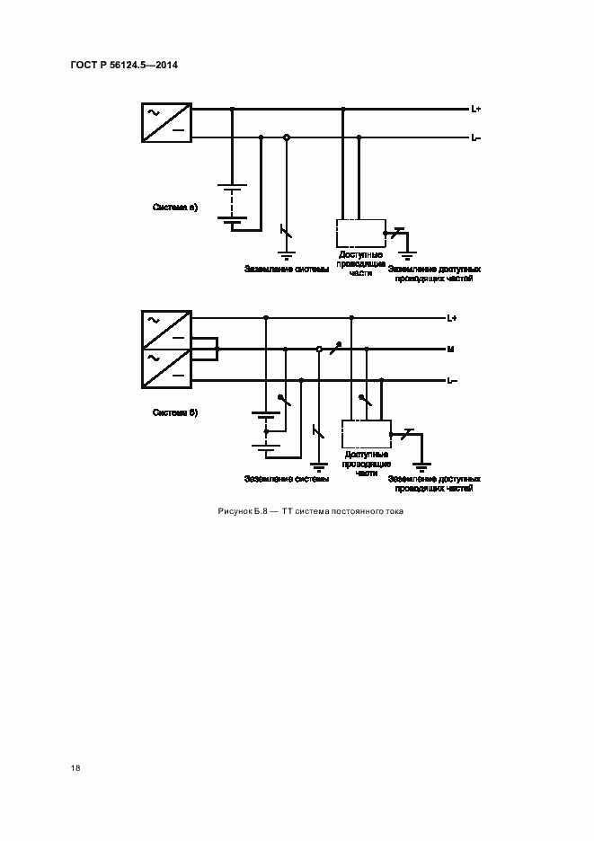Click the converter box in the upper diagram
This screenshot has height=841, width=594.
point(166,123)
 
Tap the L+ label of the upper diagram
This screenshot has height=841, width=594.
point(476,110)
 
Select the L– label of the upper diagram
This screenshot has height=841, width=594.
point(476,137)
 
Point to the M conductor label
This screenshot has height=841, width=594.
point(450,349)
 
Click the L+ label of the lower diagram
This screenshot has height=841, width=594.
point(452,318)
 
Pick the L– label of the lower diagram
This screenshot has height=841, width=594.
point(452,380)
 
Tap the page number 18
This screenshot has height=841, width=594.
point(75,768)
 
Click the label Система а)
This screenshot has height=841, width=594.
point(175,208)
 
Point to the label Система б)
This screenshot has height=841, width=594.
point(175,412)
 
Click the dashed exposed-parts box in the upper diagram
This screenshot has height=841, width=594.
point(360,233)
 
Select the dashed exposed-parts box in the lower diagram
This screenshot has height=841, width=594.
point(366,435)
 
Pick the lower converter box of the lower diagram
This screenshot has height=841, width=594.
point(166,368)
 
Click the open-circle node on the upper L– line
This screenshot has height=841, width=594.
point(287,137)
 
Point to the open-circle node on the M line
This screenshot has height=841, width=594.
point(319,349)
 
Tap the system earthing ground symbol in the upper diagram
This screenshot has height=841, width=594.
point(287,254)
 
